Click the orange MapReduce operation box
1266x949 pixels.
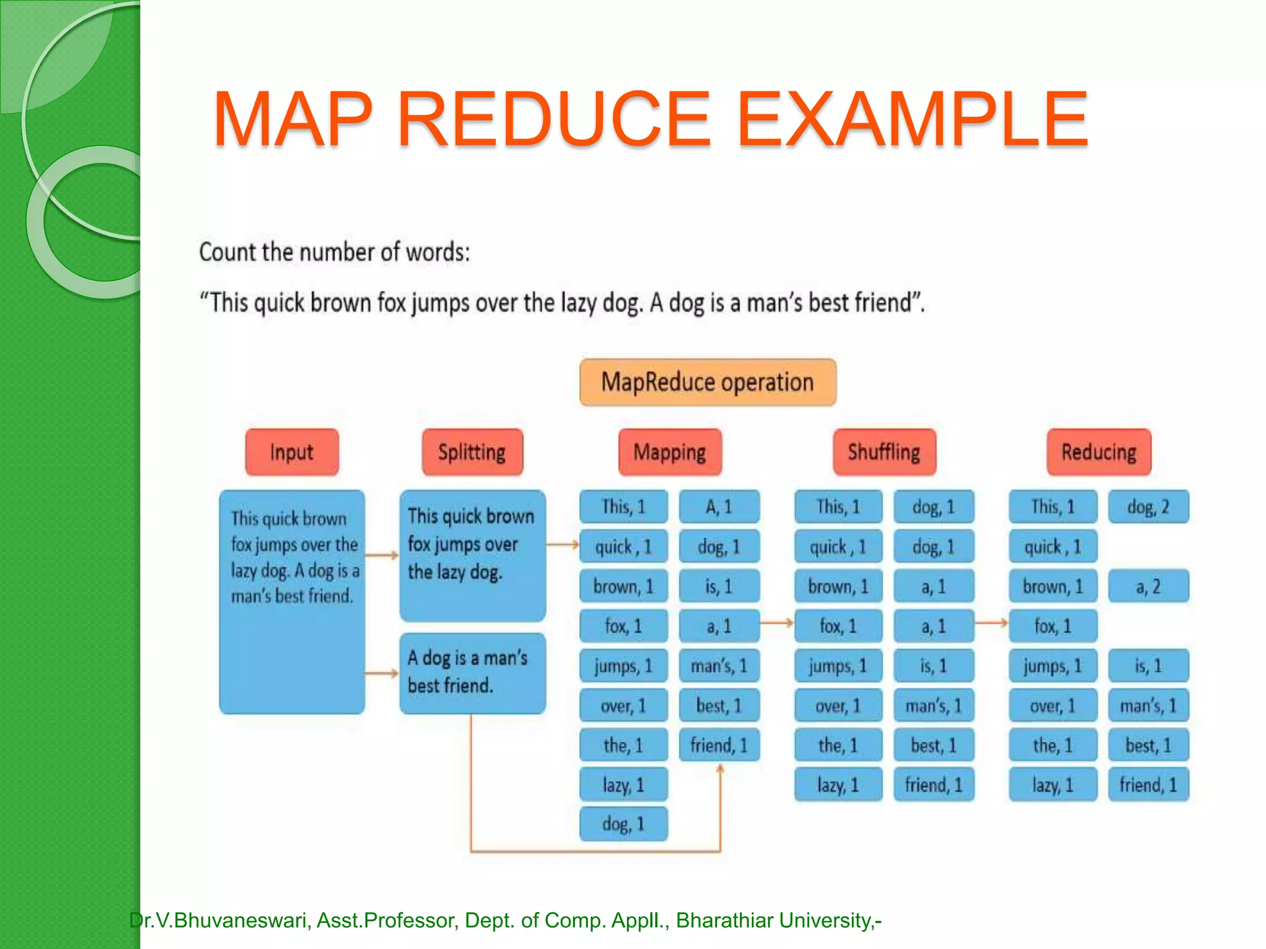point(708,382)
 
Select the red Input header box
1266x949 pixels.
point(292,452)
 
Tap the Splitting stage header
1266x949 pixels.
point(472,452)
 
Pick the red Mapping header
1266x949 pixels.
point(669,452)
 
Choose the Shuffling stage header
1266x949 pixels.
point(884,452)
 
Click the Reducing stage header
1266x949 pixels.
point(1098,452)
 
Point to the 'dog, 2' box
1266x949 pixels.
point(1148,507)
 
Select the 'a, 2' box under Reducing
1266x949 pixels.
point(1148,586)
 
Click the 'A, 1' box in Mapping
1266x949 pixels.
point(719,507)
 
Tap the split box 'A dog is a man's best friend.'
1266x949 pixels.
point(472,673)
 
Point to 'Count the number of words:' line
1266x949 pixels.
point(334,253)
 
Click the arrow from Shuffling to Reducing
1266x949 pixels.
point(992,623)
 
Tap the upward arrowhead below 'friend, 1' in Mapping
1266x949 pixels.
point(720,770)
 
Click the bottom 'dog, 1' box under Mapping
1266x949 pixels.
point(623,824)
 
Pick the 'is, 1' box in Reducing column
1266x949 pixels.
point(1148,666)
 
